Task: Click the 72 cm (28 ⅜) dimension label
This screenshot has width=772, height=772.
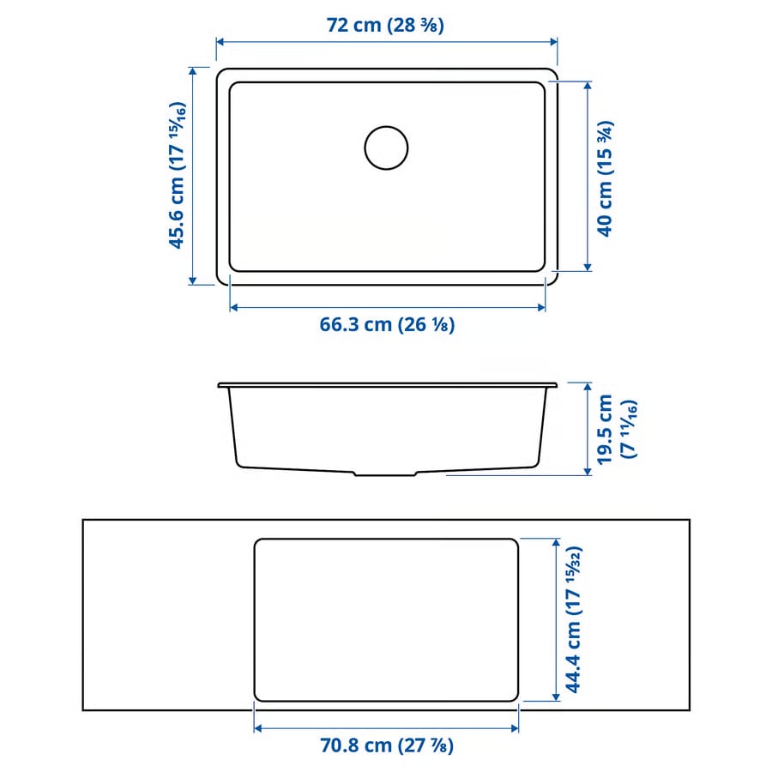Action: coord(385,25)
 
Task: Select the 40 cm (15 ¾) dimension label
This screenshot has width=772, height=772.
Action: coord(606,178)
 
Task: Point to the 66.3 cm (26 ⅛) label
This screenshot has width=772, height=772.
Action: coord(387,324)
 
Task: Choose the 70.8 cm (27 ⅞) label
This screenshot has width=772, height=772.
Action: coord(386,745)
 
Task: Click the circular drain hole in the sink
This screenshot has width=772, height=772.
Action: coord(386,148)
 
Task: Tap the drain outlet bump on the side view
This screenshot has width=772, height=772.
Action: coord(386,473)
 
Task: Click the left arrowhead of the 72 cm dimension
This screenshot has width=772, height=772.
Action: coord(220,41)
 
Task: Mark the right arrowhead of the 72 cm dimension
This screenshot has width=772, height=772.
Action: coord(553,41)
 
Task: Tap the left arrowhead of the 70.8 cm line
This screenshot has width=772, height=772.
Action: coord(258,728)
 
